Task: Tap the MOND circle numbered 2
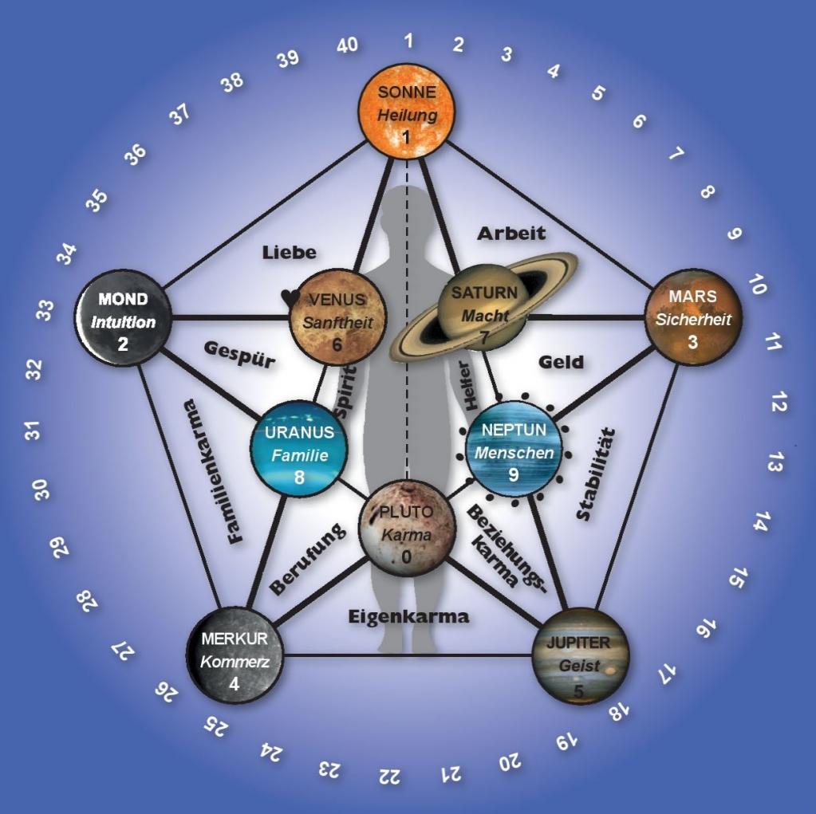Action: pos(123,317)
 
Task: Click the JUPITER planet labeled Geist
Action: pos(580,656)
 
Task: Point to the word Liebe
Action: pos(289,253)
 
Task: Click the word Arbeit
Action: pos(511,234)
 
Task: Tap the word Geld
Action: pos(561,362)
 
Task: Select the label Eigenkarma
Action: pos(408,616)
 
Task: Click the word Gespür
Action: pos(239,356)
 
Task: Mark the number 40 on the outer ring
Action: pos(346,45)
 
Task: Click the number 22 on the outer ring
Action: pos(390,774)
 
